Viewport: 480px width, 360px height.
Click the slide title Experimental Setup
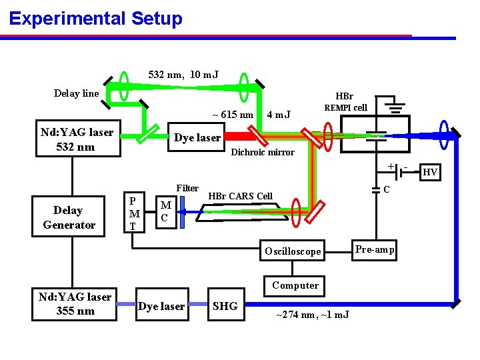pyautogui.click(x=95, y=18)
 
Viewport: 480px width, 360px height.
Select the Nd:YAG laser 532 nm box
pyautogui.click(x=77, y=139)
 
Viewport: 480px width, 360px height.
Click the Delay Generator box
pyautogui.click(x=69, y=217)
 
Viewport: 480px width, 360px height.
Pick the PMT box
pyautogui.click(x=135, y=213)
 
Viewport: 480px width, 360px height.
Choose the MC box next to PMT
pyautogui.click(x=166, y=211)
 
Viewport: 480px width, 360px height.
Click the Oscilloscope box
pyautogui.click(x=293, y=251)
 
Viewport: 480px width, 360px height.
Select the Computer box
pyautogui.click(x=295, y=285)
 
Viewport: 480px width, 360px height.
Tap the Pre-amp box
pyautogui.click(x=374, y=250)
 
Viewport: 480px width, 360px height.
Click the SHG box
pyautogui.click(x=225, y=306)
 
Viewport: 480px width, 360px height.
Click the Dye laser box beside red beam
pyautogui.click(x=197, y=138)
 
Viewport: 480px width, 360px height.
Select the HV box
pyautogui.click(x=431, y=173)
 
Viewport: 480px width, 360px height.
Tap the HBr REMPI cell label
pyautogui.click(x=345, y=102)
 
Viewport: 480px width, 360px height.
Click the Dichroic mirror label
pyautogui.click(x=262, y=153)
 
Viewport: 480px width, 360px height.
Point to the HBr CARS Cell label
pyautogui.click(x=241, y=196)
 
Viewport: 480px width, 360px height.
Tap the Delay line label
pyautogui.click(x=76, y=93)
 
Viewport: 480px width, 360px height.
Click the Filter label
pyautogui.click(x=187, y=189)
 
